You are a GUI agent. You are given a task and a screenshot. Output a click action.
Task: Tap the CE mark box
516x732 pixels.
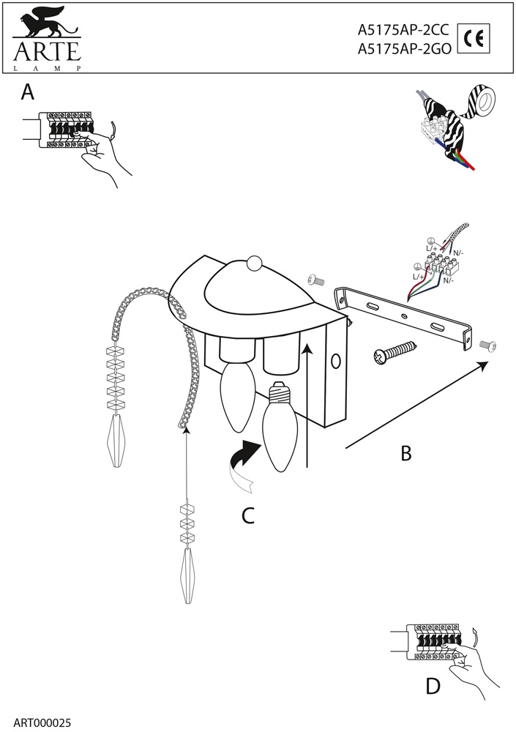click(x=474, y=39)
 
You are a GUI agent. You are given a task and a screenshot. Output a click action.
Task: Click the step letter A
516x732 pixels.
click(x=28, y=92)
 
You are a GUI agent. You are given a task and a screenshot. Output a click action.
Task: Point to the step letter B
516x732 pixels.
click(x=405, y=454)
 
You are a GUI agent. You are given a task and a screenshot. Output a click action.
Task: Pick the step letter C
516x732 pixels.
click(x=249, y=516)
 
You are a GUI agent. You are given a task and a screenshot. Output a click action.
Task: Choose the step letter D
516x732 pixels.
click(x=433, y=687)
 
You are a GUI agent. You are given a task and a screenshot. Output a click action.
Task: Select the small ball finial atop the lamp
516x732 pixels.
click(x=253, y=264)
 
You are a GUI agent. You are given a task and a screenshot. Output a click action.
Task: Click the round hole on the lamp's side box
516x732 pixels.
click(x=336, y=361)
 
